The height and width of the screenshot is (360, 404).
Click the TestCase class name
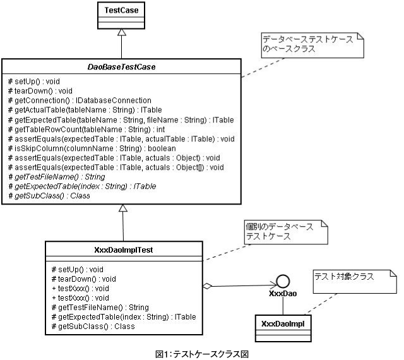121,10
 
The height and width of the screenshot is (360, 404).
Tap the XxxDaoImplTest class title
122,249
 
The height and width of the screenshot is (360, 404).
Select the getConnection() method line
79,100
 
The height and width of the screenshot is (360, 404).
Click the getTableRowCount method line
81,129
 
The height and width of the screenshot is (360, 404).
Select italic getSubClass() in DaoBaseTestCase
49,196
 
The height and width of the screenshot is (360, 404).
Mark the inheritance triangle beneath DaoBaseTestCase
122,209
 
